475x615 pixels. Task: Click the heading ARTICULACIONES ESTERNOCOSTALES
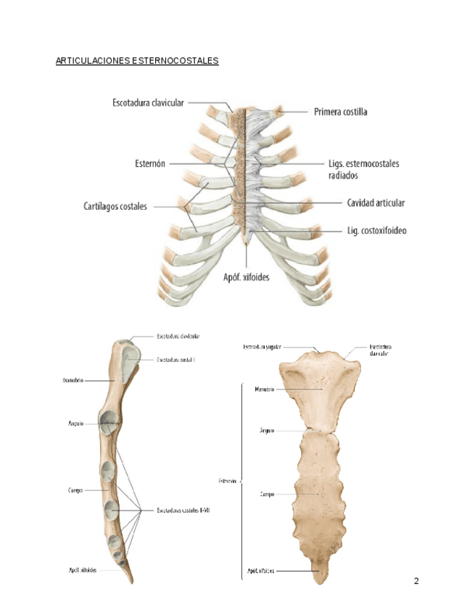coord(136,61)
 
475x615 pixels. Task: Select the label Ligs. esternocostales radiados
coord(363,169)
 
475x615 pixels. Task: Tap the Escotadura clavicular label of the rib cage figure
coord(148,103)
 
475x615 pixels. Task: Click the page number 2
coord(416,581)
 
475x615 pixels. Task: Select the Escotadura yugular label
coord(262,347)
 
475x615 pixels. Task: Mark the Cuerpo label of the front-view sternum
coord(265,495)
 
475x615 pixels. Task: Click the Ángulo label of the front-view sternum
coord(266,430)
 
